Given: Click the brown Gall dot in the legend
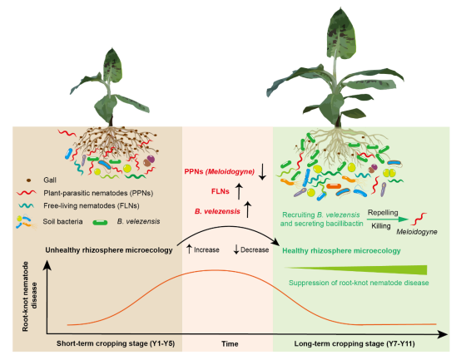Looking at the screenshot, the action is tap(28, 180).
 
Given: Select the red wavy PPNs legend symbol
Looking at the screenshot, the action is tap(27, 193).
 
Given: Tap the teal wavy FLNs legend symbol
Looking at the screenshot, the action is tap(26, 206).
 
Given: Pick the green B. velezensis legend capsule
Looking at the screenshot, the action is tap(100, 222).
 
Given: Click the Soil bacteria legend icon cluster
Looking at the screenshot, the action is tap(26, 222).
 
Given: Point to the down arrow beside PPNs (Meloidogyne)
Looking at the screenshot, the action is tap(262, 173).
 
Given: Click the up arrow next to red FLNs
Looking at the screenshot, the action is tap(239, 191).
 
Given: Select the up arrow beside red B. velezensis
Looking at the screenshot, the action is tap(247, 210).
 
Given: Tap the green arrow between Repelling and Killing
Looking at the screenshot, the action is tap(388, 219).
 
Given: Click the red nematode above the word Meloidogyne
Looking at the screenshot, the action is tap(419, 219).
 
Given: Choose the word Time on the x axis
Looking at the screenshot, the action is tap(230, 344).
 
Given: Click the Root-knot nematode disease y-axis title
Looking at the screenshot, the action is tap(29, 297).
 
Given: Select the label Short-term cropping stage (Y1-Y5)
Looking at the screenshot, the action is tap(116, 343).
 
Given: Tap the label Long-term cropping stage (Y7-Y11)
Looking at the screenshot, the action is tap(354, 343).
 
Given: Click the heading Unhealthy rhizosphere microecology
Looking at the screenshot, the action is tap(109, 250).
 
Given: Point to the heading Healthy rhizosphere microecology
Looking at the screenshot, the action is tap(341, 251).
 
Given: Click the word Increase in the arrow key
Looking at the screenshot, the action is tap(206, 250).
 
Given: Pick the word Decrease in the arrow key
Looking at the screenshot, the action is tap(255, 250).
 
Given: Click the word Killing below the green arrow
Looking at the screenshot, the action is tap(381, 226).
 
